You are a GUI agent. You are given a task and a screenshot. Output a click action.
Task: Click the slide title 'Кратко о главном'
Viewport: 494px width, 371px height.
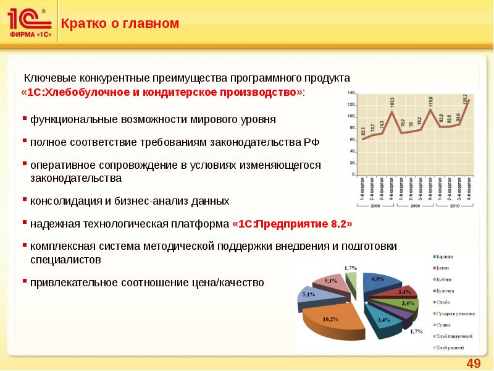[x=120, y=24]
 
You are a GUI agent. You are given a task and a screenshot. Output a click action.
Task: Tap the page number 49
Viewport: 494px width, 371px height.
[x=474, y=362]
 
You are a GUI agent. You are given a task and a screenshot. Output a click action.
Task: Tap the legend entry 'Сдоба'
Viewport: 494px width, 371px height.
[x=442, y=302]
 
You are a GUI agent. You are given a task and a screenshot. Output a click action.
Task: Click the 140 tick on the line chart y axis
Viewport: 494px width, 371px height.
[x=351, y=93]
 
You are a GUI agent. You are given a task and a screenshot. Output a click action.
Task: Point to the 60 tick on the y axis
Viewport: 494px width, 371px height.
[x=352, y=140]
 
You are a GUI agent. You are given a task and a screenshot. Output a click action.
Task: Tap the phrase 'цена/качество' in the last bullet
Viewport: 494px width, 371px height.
[x=234, y=283]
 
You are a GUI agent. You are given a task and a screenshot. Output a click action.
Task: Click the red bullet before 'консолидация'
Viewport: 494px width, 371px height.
[x=25, y=200]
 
